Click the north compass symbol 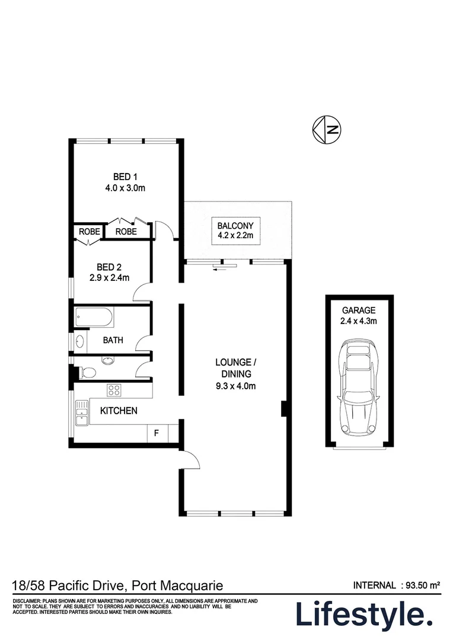[327, 130]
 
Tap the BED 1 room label [125, 177]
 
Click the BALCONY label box [235, 231]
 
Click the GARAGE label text [358, 311]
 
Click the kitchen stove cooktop [113, 390]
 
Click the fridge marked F [157, 433]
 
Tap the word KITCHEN [119, 411]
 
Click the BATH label [113, 341]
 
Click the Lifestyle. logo [364, 616]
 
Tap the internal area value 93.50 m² [422, 585]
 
